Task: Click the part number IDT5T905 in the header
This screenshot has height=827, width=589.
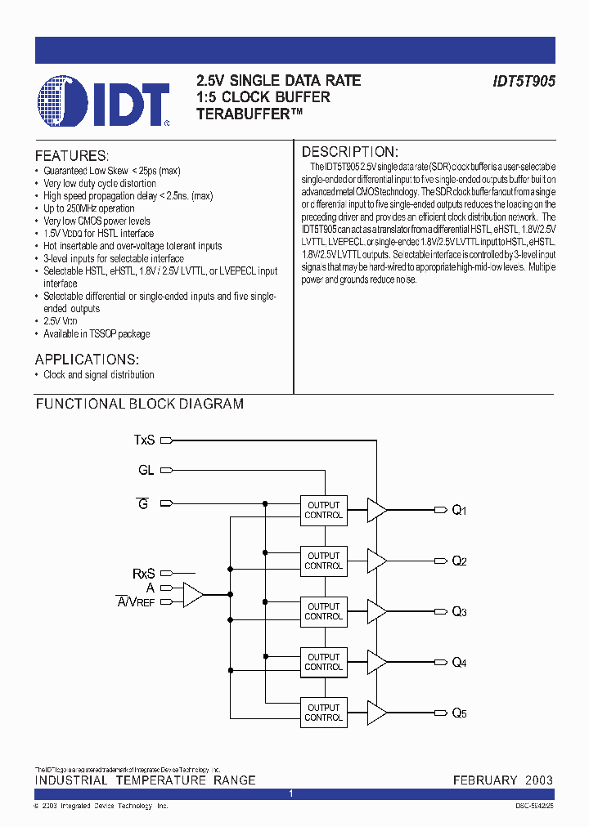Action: (x=524, y=82)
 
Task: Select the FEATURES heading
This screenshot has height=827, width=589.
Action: (x=71, y=155)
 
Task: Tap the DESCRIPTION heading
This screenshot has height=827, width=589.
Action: (x=349, y=152)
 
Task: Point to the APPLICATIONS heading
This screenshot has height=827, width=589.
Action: (x=87, y=360)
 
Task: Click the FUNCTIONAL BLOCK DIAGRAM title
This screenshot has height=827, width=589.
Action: (x=139, y=404)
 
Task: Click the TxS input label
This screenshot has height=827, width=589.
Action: (x=144, y=440)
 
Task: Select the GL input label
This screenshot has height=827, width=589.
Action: (x=146, y=471)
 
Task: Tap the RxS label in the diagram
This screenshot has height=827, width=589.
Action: (x=143, y=574)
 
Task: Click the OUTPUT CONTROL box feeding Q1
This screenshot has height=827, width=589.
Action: (x=323, y=510)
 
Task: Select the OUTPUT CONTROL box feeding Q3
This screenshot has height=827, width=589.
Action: (x=323, y=611)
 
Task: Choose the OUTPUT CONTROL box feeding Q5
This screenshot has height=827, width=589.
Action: (x=323, y=713)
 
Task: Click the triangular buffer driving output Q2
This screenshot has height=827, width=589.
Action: (x=376, y=561)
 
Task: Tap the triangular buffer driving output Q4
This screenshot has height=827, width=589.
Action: (x=376, y=662)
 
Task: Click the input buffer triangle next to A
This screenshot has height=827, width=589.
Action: (x=192, y=595)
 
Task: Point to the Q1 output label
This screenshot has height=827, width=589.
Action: (x=459, y=511)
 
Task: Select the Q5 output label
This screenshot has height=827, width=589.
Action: (x=459, y=713)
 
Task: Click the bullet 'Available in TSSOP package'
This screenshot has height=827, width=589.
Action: (x=97, y=333)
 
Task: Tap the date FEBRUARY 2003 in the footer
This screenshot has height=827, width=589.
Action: (x=502, y=780)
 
